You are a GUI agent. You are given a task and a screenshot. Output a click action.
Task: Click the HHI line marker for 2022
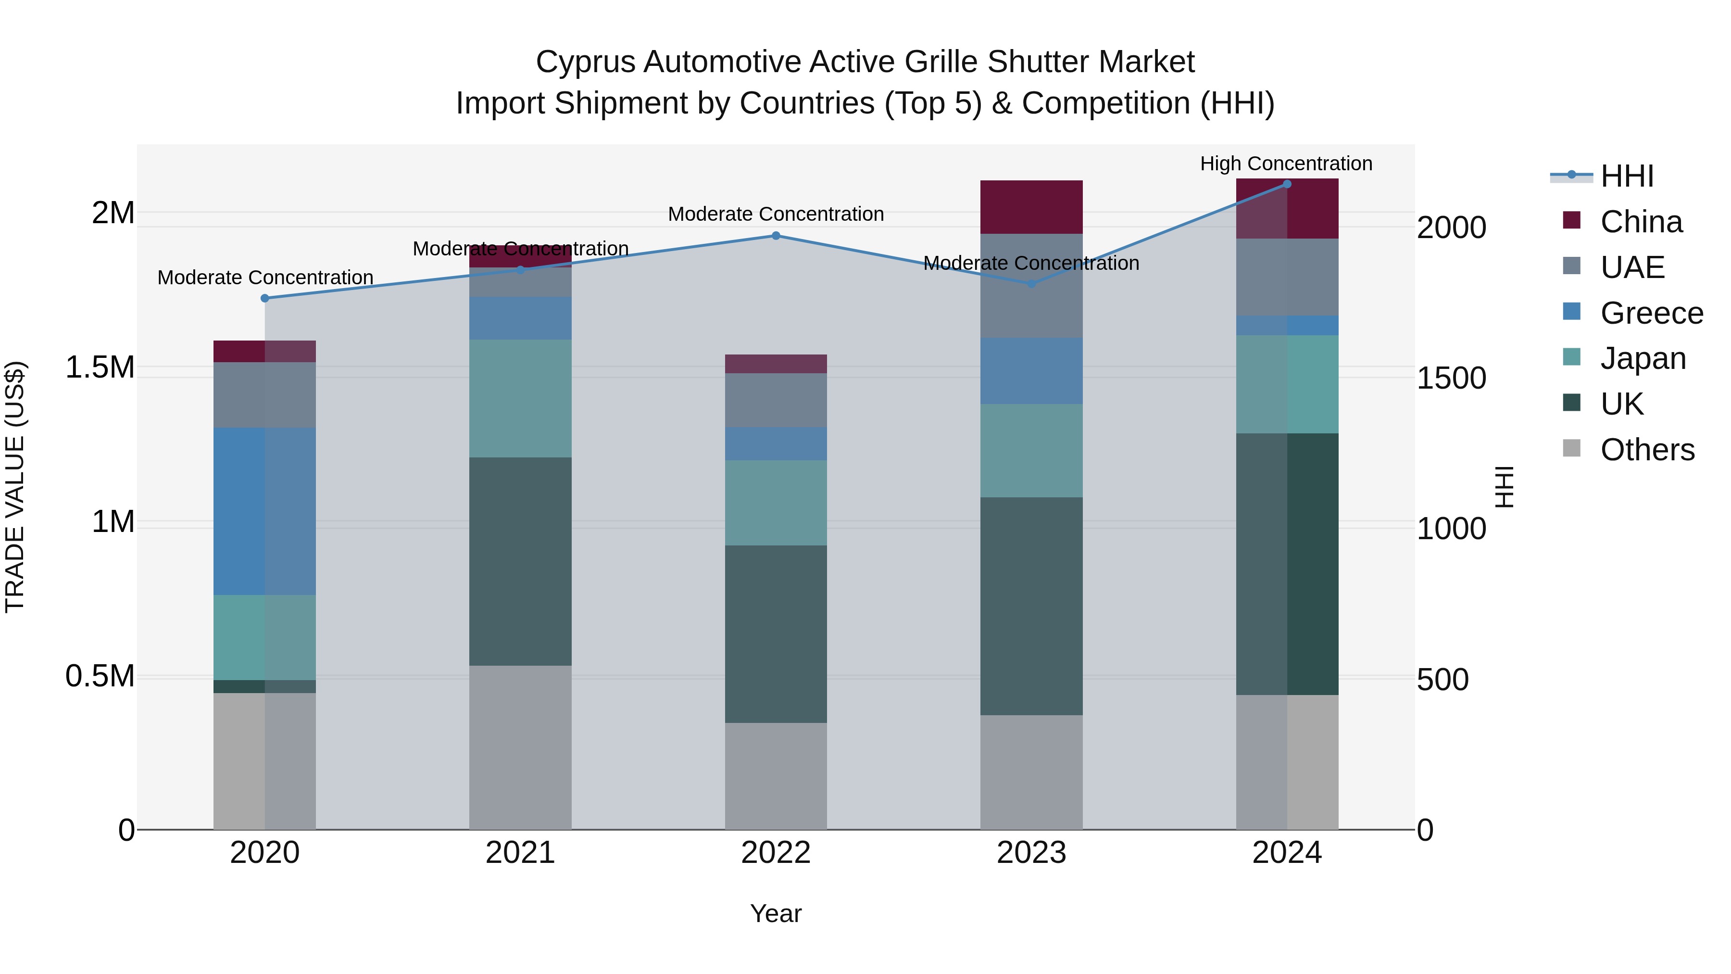click(x=776, y=236)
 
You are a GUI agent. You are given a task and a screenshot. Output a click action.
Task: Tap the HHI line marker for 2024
click(x=1287, y=184)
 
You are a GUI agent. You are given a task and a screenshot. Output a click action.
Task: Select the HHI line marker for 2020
click(x=265, y=298)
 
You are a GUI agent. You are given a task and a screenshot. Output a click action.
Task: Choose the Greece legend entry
click(x=1651, y=313)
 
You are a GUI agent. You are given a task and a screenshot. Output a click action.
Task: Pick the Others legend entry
click(x=1647, y=450)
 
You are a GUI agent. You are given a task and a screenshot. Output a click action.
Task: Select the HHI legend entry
click(x=1627, y=176)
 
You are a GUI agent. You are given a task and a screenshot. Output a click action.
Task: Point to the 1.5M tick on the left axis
click(x=100, y=367)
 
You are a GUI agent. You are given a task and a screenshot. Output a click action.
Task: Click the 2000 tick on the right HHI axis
click(x=1452, y=228)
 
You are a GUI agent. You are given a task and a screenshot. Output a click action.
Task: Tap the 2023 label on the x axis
click(x=1031, y=853)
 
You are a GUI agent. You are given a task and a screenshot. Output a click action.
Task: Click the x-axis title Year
click(x=776, y=913)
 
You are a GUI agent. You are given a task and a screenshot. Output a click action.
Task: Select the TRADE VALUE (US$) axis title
click(x=15, y=487)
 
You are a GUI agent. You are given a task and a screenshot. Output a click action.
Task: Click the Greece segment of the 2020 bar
click(x=265, y=511)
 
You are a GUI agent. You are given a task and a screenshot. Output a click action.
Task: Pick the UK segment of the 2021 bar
click(x=520, y=561)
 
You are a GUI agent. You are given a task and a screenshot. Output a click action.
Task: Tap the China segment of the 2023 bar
click(x=1031, y=207)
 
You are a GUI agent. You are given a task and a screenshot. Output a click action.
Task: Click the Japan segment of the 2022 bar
click(x=776, y=503)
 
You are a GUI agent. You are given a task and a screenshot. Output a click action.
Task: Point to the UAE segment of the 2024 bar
click(x=1287, y=277)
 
